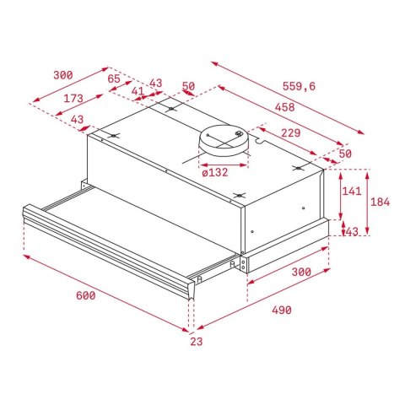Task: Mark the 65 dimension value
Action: click(x=114, y=78)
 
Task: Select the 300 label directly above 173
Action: click(x=62, y=75)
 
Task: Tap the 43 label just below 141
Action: click(x=352, y=232)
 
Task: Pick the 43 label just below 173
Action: click(x=78, y=120)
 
